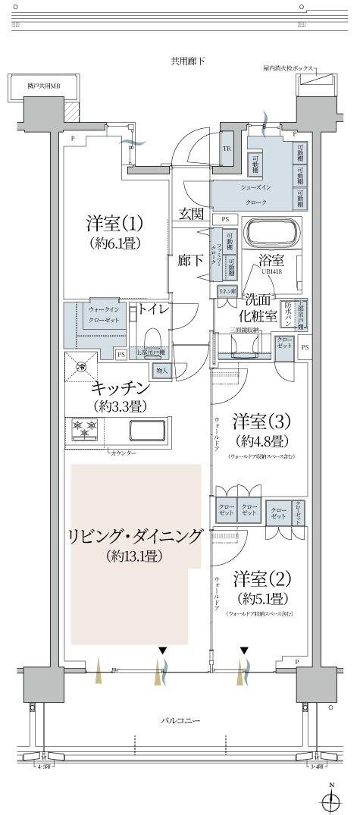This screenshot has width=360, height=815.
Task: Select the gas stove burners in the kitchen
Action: (84, 430)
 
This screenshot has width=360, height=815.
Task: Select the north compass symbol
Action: (330, 798)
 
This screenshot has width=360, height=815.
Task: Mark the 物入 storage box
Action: (161, 370)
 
